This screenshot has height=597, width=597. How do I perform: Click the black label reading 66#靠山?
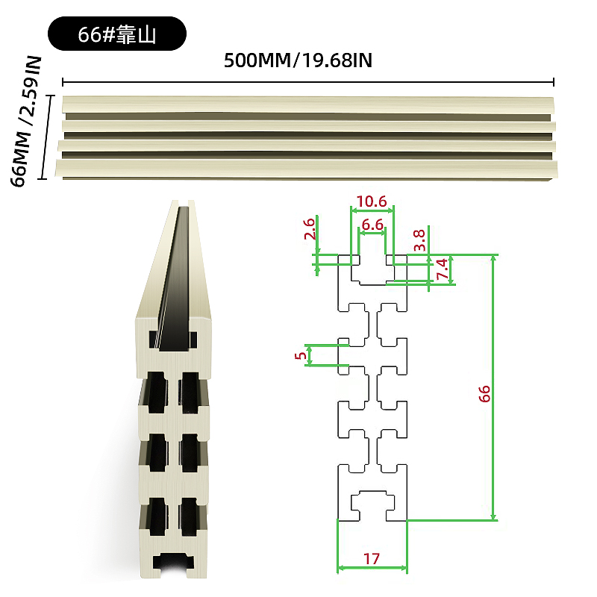[x=117, y=34]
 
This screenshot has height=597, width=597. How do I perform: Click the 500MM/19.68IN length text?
[x=298, y=60]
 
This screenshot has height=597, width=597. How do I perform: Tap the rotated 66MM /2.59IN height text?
[x=25, y=121]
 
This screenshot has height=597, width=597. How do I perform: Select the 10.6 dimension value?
[x=371, y=201]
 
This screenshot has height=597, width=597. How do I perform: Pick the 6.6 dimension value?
[x=372, y=225]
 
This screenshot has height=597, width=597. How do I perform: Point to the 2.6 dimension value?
[x=310, y=228]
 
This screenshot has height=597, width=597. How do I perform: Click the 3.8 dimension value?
[x=419, y=240]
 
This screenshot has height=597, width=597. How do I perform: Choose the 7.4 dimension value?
[x=442, y=269]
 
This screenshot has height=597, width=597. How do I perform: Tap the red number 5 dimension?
[x=301, y=355]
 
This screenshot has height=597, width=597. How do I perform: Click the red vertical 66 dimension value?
[x=484, y=394]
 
